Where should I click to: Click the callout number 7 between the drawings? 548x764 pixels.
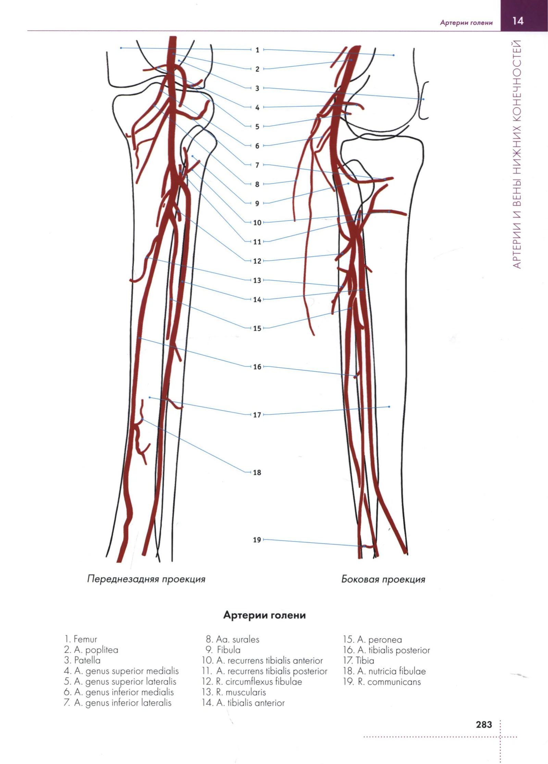[257, 165]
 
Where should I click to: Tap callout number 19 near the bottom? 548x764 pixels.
[257, 540]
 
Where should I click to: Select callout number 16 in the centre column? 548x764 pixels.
[257, 367]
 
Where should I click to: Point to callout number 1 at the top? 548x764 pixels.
[257, 50]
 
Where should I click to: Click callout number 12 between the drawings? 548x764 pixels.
[257, 261]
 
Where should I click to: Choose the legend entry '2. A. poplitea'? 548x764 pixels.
[91, 650]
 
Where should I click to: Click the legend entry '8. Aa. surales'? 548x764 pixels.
[233, 639]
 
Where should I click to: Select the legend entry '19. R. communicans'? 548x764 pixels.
[382, 682]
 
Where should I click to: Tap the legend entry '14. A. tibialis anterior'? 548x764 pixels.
[243, 703]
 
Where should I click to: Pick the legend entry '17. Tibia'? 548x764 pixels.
[359, 661]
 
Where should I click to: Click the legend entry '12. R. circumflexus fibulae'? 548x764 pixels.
[252, 682]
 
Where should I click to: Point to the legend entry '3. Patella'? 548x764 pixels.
[82, 661]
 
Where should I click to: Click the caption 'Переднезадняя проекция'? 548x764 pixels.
[146, 579]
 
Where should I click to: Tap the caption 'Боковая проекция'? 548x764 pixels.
[383, 579]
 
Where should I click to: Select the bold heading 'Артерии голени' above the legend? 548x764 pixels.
[264, 615]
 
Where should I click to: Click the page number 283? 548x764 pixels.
[484, 725]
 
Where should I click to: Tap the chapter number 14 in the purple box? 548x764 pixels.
[518, 21]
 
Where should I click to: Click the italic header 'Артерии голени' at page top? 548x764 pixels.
[466, 23]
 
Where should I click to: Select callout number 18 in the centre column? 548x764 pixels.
[257, 473]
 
